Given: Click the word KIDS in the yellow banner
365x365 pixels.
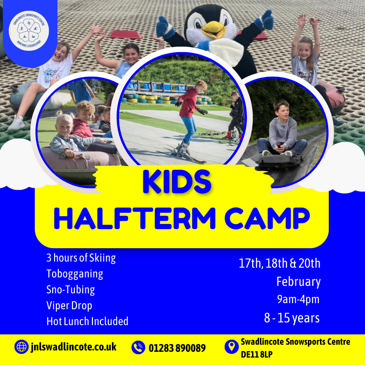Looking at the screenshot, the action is click(x=177, y=181).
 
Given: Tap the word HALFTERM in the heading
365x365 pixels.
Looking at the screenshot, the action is click(x=135, y=219).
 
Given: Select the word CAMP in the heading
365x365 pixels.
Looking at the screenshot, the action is click(x=267, y=219).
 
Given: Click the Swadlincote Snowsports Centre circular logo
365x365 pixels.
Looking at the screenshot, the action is click(x=29, y=31).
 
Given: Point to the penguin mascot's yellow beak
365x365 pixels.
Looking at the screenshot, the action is click(x=213, y=29).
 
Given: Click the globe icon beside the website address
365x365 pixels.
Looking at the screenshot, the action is click(x=21, y=347).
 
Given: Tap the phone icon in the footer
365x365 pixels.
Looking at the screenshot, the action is click(x=138, y=347).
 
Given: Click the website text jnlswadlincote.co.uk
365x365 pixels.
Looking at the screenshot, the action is click(x=74, y=347).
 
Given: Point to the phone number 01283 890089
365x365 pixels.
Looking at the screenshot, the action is click(x=177, y=348).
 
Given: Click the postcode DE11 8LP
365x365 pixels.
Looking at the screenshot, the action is click(x=257, y=354).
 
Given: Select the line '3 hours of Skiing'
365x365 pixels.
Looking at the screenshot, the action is click(x=81, y=258).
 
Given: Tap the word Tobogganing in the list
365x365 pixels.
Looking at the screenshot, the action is click(x=75, y=274).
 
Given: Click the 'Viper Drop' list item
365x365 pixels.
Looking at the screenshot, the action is click(x=69, y=306).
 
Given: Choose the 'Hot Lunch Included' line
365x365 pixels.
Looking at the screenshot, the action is click(x=87, y=321).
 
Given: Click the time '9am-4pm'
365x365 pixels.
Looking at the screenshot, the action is click(x=298, y=299).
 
